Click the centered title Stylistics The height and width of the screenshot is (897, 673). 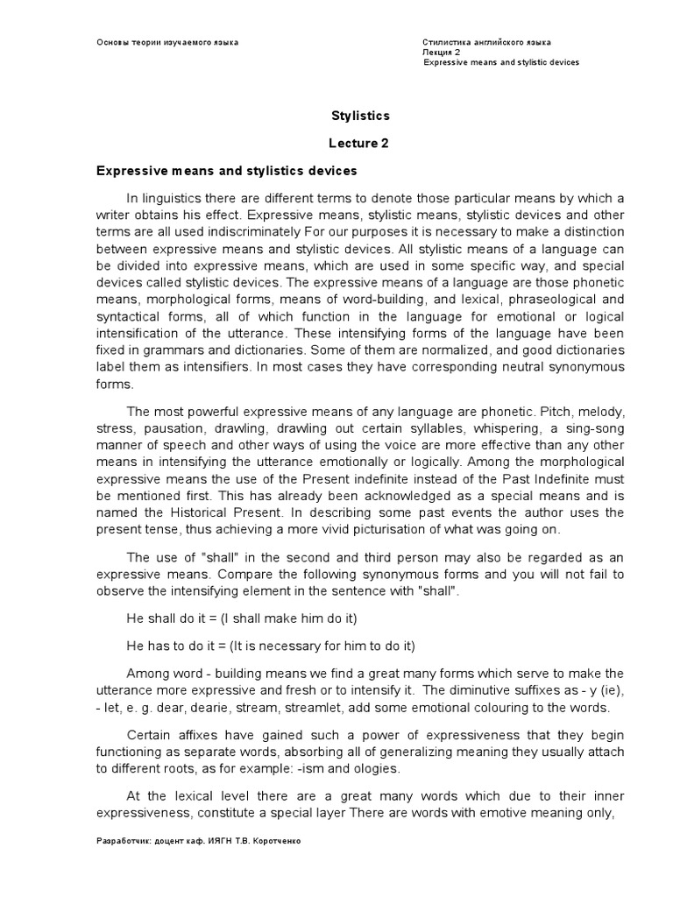pos(360,116)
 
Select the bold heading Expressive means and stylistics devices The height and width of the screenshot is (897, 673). pos(226,171)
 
